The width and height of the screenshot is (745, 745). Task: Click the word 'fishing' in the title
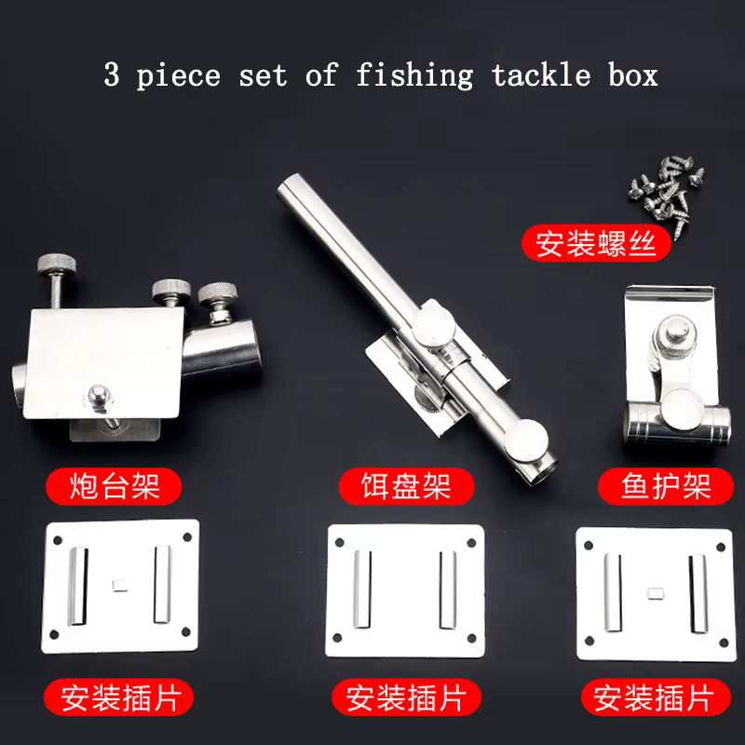pos(414,76)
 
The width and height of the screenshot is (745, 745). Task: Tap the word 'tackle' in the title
pos(541,75)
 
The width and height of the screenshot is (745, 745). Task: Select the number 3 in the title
pos(111,74)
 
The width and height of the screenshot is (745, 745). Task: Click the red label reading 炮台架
pos(114,486)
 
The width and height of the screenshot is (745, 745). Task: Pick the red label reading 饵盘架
pos(406,486)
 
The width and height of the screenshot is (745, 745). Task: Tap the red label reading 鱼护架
pos(666,486)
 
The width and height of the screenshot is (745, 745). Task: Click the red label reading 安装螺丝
pos(596,243)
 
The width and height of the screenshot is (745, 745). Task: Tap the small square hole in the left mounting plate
pos(120,585)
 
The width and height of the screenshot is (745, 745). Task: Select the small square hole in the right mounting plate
pos(657,593)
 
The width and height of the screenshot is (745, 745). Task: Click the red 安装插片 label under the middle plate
pos(406,698)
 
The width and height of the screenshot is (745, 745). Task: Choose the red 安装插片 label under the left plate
pos(119,698)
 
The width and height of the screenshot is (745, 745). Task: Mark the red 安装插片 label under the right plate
pos(656,698)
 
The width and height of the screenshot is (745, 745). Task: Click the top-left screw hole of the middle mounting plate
pos(340,543)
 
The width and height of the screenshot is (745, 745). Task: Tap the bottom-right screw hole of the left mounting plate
pos(186,632)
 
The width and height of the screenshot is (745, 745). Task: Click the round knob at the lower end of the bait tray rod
pos(526,440)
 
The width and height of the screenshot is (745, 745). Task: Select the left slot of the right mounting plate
pos(613,592)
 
